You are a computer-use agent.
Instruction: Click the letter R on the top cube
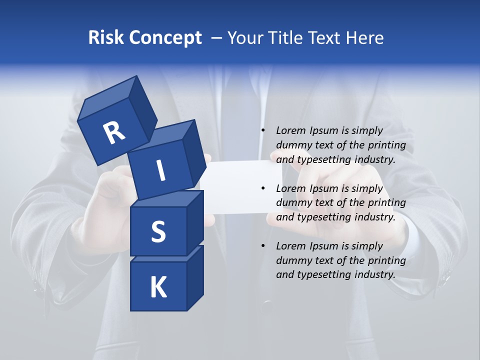[114, 132]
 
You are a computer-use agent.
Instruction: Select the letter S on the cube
[158, 232]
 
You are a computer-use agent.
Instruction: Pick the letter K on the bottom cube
[158, 287]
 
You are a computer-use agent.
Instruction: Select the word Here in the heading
[364, 38]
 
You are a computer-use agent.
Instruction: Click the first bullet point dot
[263, 131]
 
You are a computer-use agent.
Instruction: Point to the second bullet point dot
[263, 188]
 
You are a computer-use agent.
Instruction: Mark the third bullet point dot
[263, 246]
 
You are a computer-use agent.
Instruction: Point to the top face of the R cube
[105, 100]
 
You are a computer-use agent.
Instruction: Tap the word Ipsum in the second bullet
[324, 188]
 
